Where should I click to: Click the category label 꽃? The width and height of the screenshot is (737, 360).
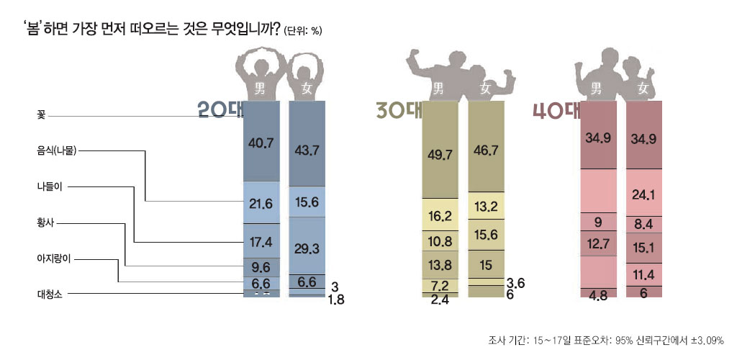pyautogui.click(x=41, y=115)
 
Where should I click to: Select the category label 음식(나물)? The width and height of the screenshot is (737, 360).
pyautogui.click(x=56, y=151)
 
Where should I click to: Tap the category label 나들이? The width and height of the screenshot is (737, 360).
pyautogui.click(x=50, y=187)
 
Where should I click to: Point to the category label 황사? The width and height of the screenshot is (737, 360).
pyautogui.click(x=45, y=223)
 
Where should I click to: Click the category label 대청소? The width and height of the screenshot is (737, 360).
pyautogui.click(x=50, y=294)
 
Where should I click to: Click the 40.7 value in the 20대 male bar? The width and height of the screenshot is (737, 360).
pyautogui.click(x=260, y=143)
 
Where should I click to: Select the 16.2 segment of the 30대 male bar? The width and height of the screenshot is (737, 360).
pyautogui.click(x=439, y=216)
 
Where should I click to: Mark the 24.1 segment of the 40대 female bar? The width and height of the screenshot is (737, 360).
pyautogui.click(x=643, y=194)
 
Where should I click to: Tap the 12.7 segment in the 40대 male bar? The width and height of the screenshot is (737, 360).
pyautogui.click(x=598, y=245)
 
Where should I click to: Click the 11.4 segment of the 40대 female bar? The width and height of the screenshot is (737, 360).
pyautogui.click(x=643, y=274)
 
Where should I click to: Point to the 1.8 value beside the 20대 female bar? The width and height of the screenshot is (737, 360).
pyautogui.click(x=335, y=300)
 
